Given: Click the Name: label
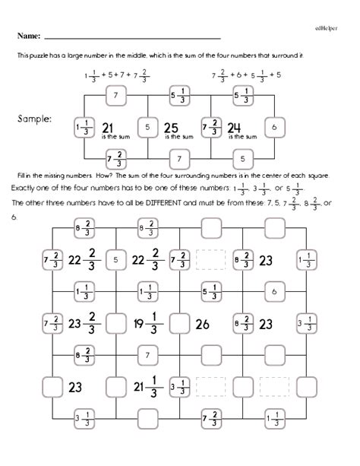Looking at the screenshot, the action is click(x=29, y=36).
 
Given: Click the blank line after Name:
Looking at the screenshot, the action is click(x=132, y=37).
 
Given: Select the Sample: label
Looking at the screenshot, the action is click(x=33, y=119).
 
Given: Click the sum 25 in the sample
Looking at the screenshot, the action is click(x=171, y=127).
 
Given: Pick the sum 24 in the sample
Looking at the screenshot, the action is click(x=235, y=127).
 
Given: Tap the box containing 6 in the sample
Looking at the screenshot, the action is click(x=274, y=126).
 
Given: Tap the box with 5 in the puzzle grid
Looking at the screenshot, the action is click(x=115, y=260).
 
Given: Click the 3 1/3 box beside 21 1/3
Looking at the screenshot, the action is click(x=179, y=387).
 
